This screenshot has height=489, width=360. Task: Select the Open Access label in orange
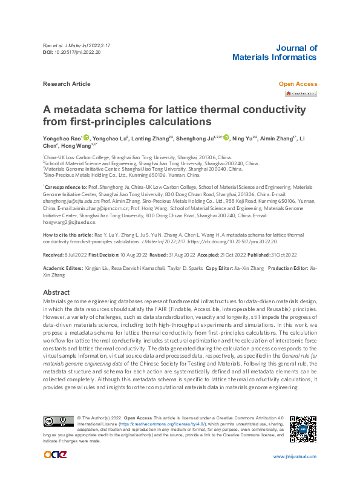point(297,84)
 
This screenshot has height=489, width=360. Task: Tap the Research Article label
point(67,84)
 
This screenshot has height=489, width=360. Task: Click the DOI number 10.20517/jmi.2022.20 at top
point(77,53)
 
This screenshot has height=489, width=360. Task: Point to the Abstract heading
point(57,292)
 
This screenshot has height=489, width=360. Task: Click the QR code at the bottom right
point(303,429)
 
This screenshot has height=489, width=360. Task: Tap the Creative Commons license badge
point(59,421)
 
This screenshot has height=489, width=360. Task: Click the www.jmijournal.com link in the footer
point(295,474)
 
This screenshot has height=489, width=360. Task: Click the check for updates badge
point(301,94)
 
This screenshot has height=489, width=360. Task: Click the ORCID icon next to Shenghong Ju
point(226,139)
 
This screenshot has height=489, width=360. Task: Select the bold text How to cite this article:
point(68,234)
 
